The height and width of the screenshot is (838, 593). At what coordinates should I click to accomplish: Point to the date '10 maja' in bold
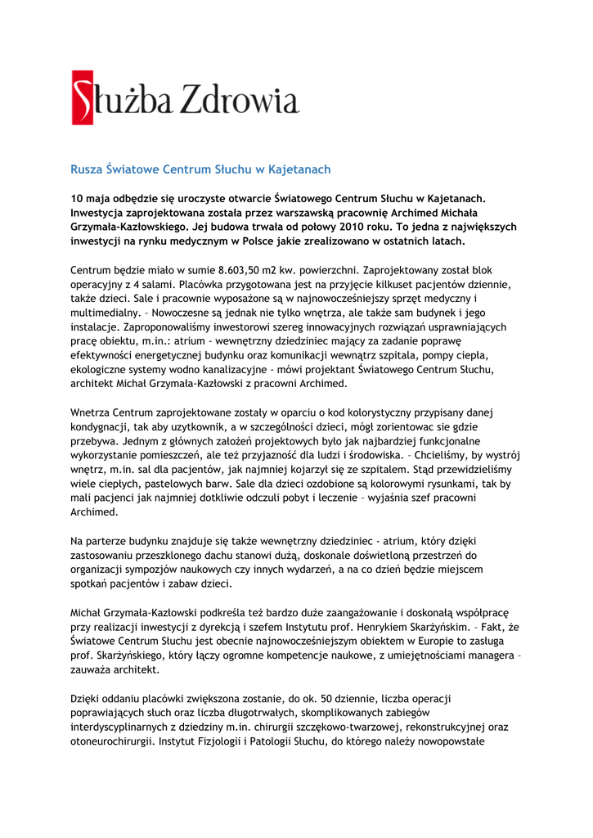(x=92, y=197)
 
